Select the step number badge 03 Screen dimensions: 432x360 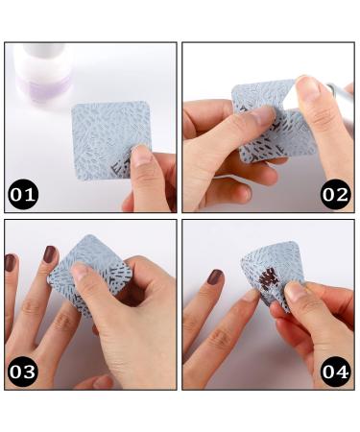tap(24, 372)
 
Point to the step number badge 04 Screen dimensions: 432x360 tap(335, 372)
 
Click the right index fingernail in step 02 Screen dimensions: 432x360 tap(309, 87)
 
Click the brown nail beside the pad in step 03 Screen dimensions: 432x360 tap(49, 254)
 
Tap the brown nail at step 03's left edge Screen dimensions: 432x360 tap(10, 262)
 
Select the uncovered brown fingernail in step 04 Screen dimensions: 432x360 tap(215, 277)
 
